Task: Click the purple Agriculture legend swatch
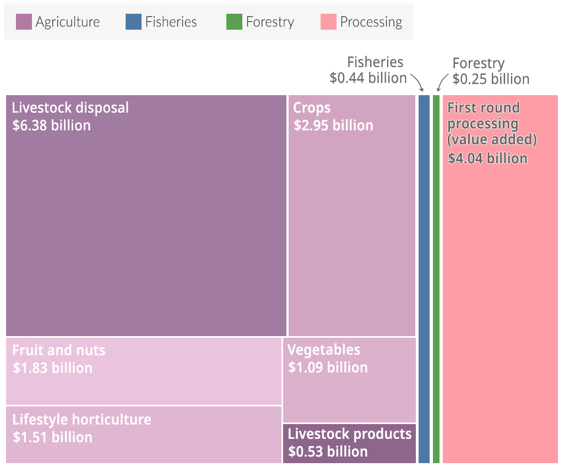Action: tap(24, 22)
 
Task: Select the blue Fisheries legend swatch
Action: tap(133, 22)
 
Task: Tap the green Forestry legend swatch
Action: tap(234, 22)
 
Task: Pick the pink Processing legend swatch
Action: tap(328, 22)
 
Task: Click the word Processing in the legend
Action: tap(371, 22)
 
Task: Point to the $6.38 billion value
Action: tap(51, 125)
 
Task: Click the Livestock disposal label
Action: tap(70, 107)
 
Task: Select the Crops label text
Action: tap(312, 107)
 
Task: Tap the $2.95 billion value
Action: tap(333, 125)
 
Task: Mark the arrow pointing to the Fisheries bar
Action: tap(417, 83)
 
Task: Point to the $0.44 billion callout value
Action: tap(368, 78)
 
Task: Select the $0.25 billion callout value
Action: tap(491, 79)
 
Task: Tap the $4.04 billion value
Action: tap(487, 158)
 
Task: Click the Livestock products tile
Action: tap(349, 443)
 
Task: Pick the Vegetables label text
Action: tap(324, 350)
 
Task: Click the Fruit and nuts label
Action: tap(58, 350)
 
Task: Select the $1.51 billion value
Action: tap(52, 437)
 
